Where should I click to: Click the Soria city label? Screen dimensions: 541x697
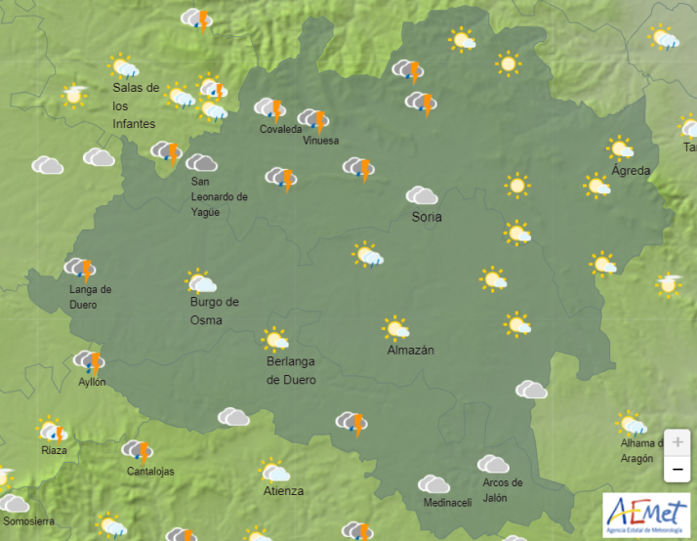click(427, 217)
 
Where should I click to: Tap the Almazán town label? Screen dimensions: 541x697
click(410, 350)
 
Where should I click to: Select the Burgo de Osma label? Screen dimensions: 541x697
click(214, 311)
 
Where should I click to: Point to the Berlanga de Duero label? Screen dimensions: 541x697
click(291, 370)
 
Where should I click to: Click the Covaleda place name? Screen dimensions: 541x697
click(280, 129)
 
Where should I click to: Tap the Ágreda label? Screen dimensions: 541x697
click(631, 171)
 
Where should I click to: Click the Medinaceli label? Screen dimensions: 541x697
click(447, 503)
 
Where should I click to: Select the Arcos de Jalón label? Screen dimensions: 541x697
click(503, 488)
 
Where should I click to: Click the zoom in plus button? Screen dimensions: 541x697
click(676, 441)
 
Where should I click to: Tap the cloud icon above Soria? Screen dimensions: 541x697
click(422, 195)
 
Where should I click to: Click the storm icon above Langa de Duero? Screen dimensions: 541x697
click(80, 269)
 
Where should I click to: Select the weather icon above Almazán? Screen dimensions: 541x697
click(395, 327)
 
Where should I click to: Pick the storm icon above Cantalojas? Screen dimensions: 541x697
click(138, 450)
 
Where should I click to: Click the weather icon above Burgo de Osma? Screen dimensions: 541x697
click(200, 282)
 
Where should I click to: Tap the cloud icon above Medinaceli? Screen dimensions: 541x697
click(433, 483)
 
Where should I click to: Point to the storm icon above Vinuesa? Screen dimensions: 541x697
click(313, 120)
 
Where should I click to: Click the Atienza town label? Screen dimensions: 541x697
click(283, 491)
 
